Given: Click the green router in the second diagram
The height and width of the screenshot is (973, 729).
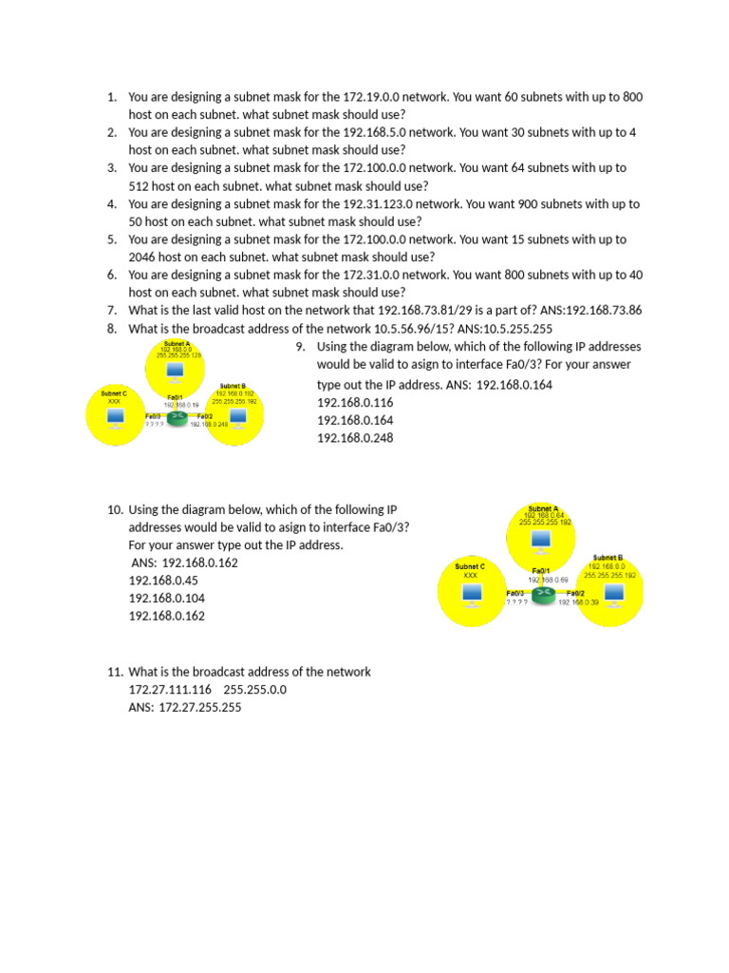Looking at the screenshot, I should [x=542, y=595].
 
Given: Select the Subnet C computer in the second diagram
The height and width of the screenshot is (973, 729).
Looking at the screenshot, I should [x=471, y=593].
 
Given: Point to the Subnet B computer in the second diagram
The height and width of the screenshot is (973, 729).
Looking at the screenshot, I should [x=613, y=595].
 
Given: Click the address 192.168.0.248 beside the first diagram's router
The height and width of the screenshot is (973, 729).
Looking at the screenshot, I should [x=209, y=425].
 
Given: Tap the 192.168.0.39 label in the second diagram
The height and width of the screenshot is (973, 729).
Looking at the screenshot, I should [x=579, y=602].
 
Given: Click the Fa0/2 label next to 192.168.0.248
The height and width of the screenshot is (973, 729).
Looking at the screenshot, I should [x=204, y=416].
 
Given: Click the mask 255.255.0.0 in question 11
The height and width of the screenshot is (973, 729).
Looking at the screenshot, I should [x=254, y=689].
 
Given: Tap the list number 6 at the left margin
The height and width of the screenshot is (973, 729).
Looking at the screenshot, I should [x=111, y=275].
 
